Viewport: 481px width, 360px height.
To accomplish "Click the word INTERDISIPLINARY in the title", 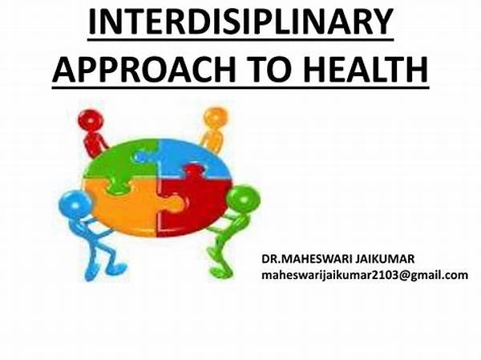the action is [240, 22].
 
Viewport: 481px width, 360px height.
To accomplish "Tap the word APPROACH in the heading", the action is [143, 70].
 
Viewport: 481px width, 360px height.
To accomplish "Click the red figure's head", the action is [91, 120].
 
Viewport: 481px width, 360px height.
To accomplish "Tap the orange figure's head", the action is [216, 118].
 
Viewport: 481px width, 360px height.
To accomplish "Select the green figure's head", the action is [243, 200].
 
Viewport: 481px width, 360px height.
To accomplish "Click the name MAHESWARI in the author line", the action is [315, 259].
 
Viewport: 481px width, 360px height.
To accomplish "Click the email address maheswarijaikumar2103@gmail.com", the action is [365, 275].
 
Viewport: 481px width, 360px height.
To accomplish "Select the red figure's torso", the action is [94, 144].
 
